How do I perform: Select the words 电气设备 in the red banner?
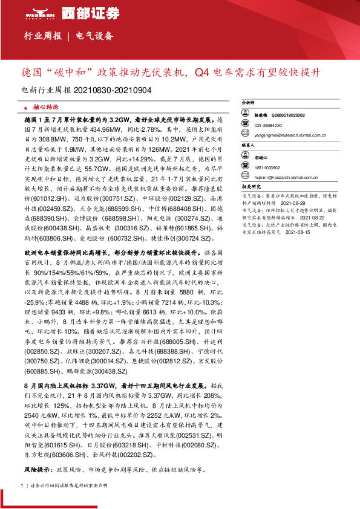coord(94,36)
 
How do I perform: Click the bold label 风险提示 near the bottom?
coord(37,470)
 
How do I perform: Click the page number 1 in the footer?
coord(22,486)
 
